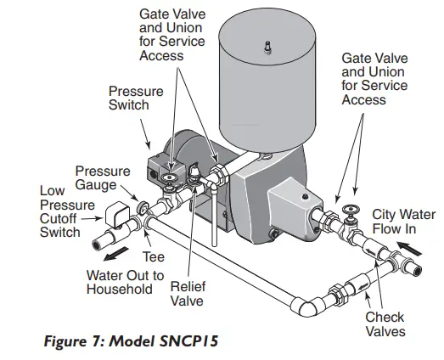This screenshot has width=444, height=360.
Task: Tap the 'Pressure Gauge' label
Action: (x=103, y=178)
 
